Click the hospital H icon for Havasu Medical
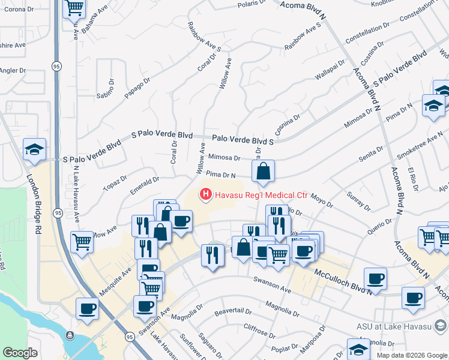(x=205, y=194)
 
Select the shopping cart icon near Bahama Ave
(x=74, y=8)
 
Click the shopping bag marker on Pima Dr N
(x=264, y=172)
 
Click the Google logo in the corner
(x=20, y=353)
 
